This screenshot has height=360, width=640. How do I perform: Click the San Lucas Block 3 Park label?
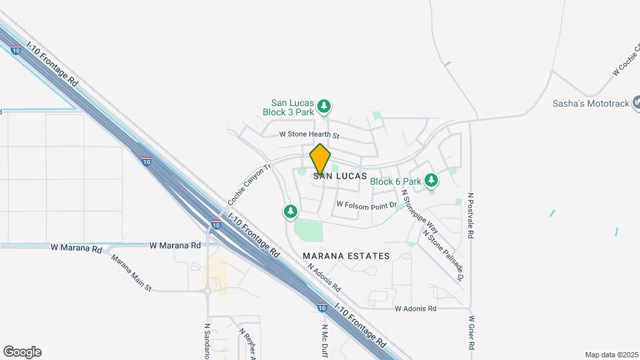293,107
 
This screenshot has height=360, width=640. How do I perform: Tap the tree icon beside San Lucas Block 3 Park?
324,107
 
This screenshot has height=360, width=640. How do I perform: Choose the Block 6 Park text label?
396,181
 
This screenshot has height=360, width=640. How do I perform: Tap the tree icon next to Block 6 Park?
431,180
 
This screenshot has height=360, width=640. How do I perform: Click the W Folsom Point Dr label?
367,205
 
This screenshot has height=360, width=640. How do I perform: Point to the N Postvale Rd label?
471,217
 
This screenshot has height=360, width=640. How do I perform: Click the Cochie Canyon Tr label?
249,185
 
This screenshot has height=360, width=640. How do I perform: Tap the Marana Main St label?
131,273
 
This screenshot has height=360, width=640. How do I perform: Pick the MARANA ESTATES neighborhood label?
346,256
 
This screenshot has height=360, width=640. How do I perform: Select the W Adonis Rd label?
415,309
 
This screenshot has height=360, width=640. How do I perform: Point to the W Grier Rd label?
471,333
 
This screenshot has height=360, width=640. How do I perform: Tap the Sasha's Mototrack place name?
591,103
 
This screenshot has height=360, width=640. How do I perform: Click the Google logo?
22,352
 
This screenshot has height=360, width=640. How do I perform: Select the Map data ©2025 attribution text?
611,355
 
